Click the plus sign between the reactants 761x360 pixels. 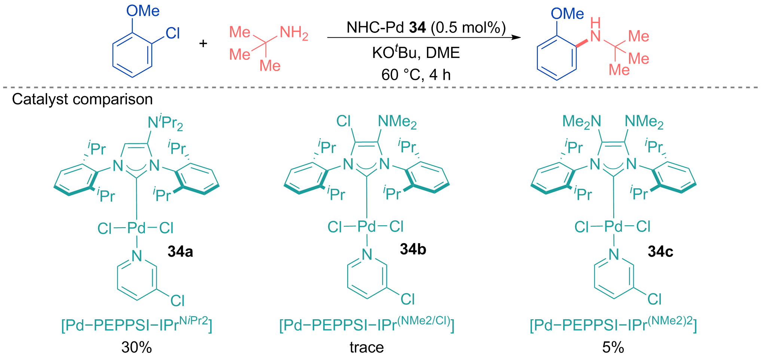pos(203,43)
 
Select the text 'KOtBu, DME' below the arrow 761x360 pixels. pos(416,53)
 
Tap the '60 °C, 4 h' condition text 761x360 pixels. pos(416,75)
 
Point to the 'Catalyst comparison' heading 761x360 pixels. pos(82,99)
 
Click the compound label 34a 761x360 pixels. pos(180,251)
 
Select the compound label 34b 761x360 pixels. pos(413,249)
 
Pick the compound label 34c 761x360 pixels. pos(660,251)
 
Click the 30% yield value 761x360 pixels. pos(137,348)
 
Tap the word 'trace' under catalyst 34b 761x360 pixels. pos(367,348)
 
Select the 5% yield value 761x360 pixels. pos(613,348)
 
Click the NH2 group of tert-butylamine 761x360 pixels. pos(294,33)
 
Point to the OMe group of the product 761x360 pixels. pos(567,14)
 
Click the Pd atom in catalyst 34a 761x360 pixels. pos(137,228)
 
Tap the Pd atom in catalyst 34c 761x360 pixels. pos(614,226)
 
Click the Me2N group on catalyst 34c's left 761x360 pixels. pos(582,122)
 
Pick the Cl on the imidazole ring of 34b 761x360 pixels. pos(343,121)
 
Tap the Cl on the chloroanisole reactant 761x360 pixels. pos(172,33)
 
